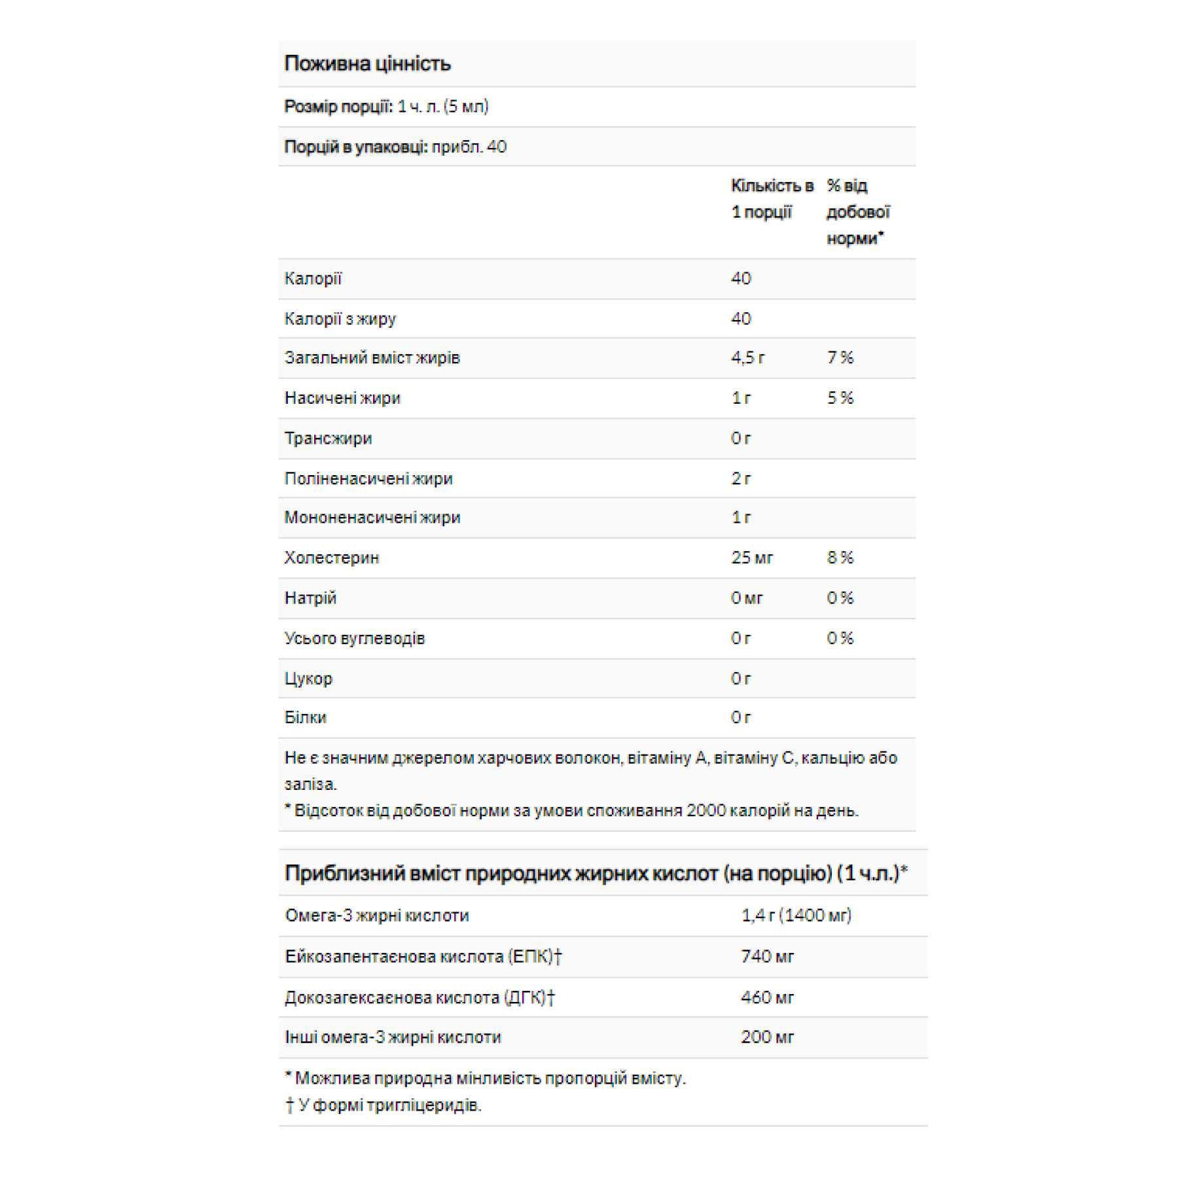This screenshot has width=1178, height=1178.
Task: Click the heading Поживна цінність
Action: [367, 63]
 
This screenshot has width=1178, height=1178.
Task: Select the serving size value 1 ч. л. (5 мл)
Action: [443, 107]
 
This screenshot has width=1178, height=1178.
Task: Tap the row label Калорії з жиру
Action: [340, 319]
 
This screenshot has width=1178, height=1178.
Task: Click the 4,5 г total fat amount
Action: [747, 358]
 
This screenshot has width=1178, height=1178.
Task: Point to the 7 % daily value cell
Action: [840, 358]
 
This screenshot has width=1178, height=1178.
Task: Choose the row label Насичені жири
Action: [342, 398]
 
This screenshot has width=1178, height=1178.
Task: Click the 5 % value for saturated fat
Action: [840, 398]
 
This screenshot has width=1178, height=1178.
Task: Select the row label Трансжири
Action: [328, 438]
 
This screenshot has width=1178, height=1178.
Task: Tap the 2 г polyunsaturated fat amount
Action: [741, 478]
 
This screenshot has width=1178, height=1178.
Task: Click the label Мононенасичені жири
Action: [372, 518]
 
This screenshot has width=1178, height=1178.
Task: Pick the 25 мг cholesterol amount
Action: [752, 558]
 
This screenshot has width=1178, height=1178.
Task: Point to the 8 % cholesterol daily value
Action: [840, 558]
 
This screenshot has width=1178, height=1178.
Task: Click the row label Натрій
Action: [310, 598]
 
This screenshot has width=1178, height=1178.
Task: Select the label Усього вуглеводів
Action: [354, 638]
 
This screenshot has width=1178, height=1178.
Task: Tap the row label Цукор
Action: [308, 679]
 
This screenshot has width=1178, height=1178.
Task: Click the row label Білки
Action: [305, 718]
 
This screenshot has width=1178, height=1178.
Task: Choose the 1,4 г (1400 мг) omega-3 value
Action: [796, 916]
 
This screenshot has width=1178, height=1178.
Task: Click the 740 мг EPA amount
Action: [767, 957]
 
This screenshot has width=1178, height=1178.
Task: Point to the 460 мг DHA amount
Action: [767, 997]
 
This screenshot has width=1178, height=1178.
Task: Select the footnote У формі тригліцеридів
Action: [389, 1105]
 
